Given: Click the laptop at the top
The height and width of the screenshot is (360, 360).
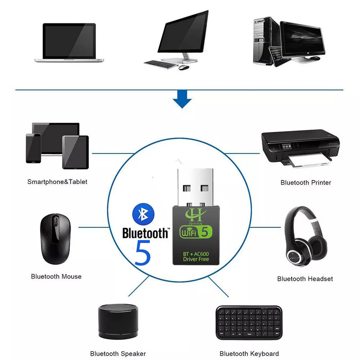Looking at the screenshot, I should click(69, 42).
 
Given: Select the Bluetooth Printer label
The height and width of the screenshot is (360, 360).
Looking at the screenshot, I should click(306, 182).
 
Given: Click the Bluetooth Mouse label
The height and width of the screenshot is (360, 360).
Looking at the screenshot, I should click(56, 276).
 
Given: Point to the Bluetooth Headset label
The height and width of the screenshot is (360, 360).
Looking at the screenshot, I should click(305, 279).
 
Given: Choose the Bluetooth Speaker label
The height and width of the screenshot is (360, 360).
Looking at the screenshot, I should click(118, 354).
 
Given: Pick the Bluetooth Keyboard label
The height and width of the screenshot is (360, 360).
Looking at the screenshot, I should click(249, 354).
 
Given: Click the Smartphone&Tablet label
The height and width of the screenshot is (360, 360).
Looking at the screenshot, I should click(57, 182).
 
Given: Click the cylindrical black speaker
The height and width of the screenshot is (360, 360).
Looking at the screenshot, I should click(117, 322).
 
